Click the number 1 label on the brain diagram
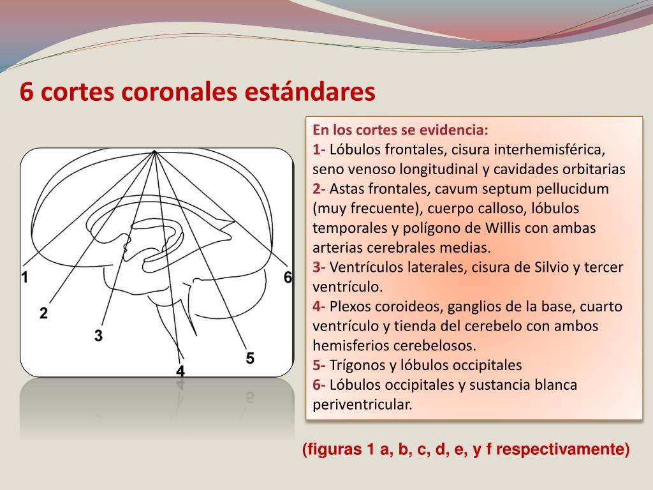[24, 278]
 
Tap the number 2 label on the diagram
[43, 313]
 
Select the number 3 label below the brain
[98, 335]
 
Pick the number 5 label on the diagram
[250, 358]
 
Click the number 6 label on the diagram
[288, 278]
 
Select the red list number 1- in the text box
[319, 150]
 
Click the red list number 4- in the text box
[319, 307]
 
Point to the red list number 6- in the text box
[319, 385]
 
